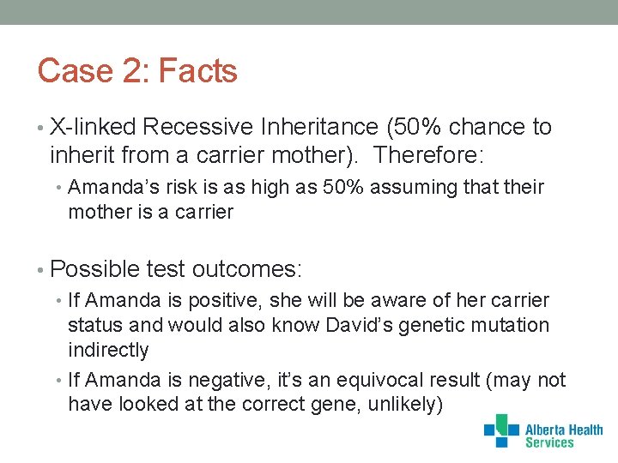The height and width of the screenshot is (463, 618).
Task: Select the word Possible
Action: coord(95,269)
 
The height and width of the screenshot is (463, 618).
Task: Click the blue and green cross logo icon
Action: coord(501,430)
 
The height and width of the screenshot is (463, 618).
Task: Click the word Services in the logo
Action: coord(548,443)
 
